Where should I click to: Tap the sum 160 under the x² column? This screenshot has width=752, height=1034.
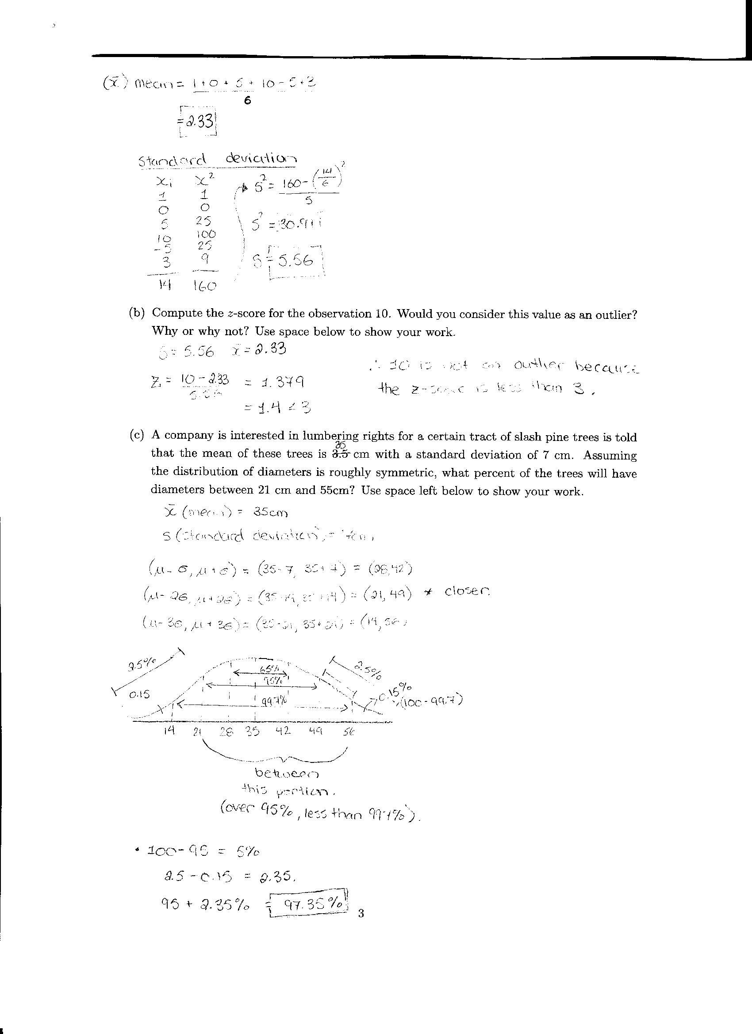tap(204, 286)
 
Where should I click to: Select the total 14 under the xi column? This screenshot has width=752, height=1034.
tap(164, 284)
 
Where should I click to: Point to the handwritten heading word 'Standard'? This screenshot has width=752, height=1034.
tap(173, 161)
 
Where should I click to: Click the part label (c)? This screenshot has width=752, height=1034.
tap(137, 435)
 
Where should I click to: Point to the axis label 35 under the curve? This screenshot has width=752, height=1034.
tap(252, 731)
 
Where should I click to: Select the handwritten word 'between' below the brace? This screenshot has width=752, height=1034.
tap(287, 773)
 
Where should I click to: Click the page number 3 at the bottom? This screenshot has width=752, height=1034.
tap(361, 913)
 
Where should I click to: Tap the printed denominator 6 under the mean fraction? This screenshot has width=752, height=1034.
tap(247, 101)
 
